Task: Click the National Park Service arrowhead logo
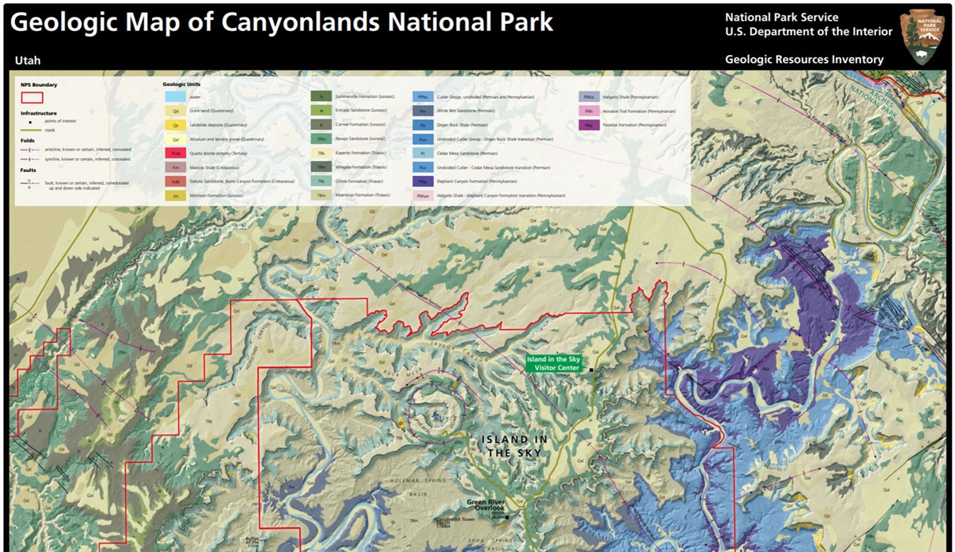tap(922, 37)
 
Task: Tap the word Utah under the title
tap(27, 61)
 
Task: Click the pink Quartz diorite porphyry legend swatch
tap(174, 153)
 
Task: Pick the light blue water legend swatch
tap(174, 96)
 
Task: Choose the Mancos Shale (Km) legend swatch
tap(174, 167)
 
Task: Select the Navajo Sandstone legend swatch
tap(321, 139)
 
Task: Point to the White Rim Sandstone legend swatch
tap(423, 111)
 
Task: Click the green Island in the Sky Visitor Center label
tap(554, 363)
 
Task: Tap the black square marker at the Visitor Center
tap(591, 370)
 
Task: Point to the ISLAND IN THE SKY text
tap(515, 446)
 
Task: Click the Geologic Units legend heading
tap(181, 83)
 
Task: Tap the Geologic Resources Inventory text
tap(804, 60)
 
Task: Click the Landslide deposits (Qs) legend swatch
tap(174, 125)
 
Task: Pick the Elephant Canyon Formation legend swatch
tap(423, 182)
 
